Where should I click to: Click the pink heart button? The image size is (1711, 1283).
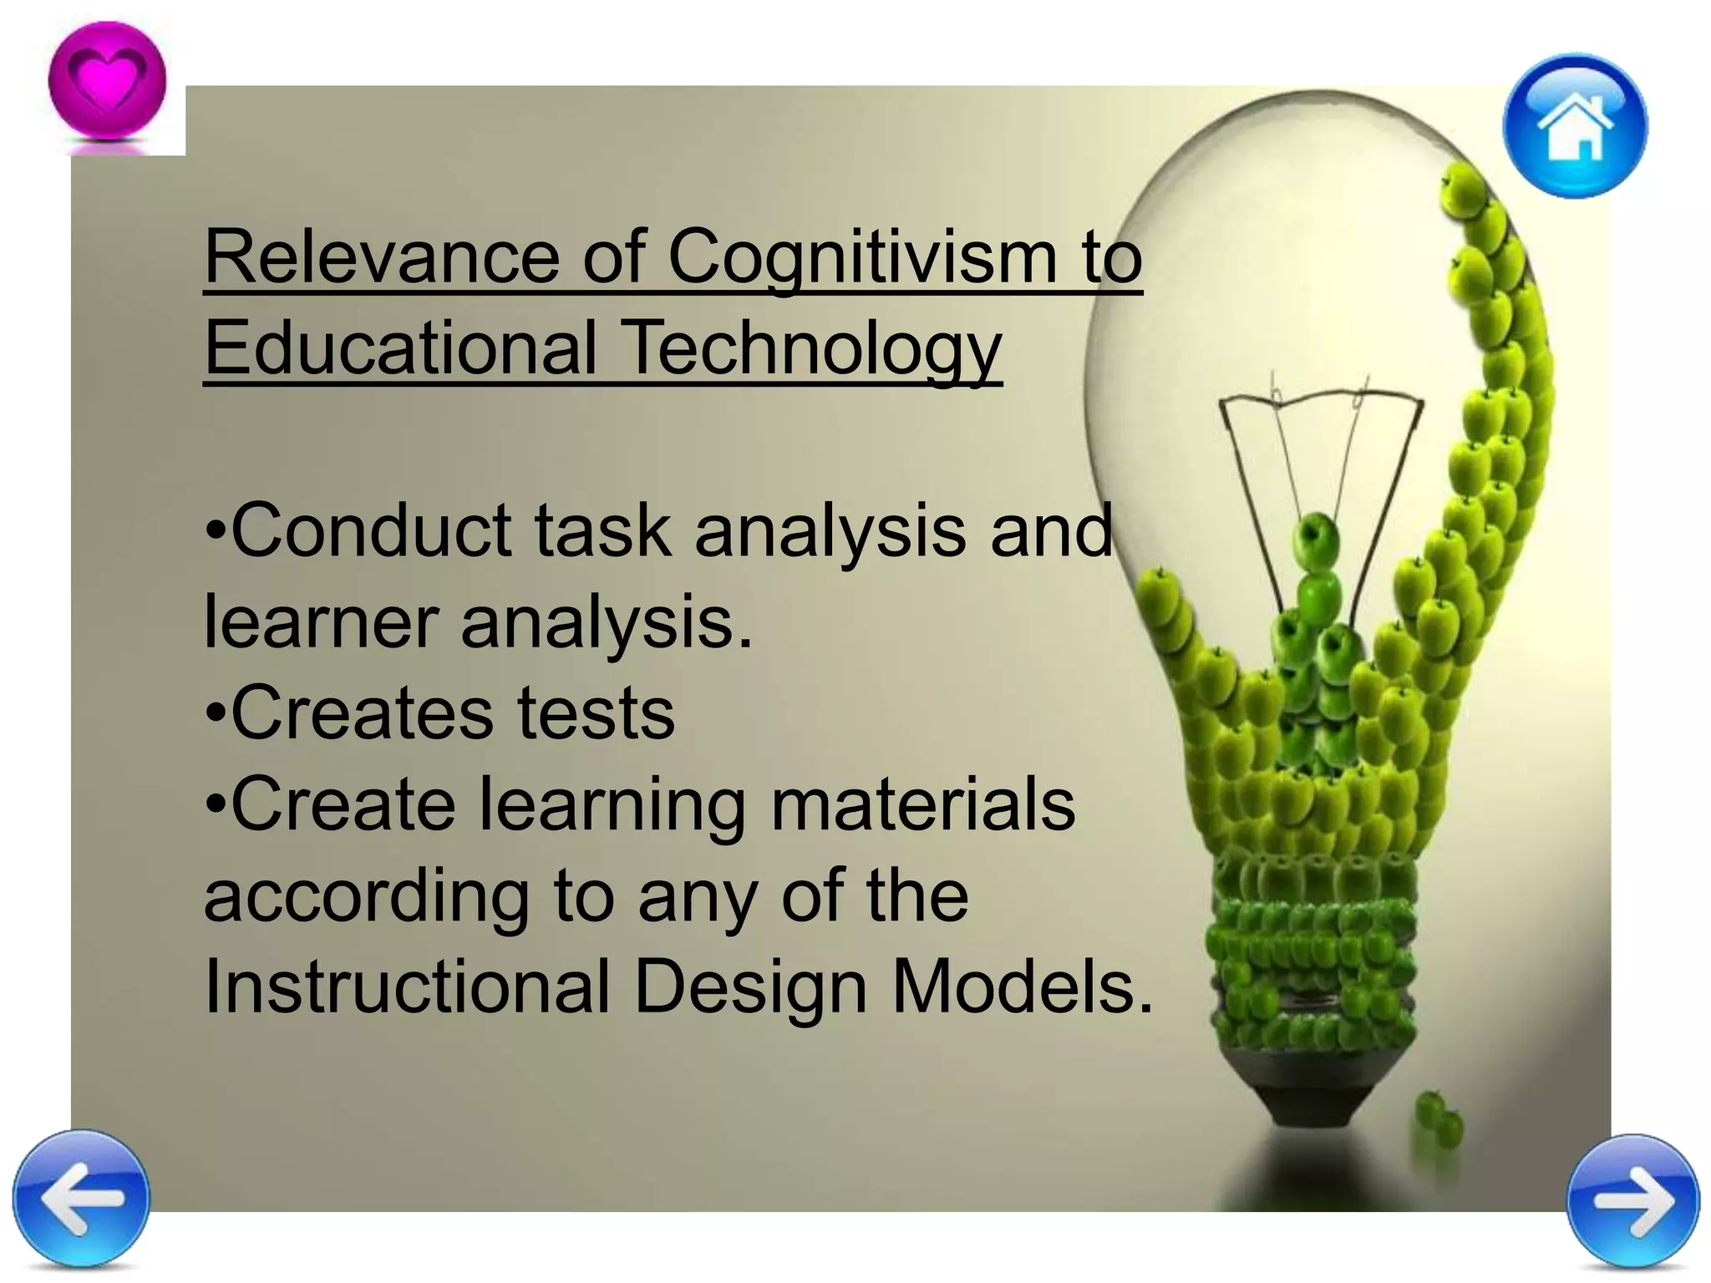click(x=107, y=82)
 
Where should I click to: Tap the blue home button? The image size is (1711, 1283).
click(x=1575, y=125)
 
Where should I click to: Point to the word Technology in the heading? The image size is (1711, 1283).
click(x=812, y=349)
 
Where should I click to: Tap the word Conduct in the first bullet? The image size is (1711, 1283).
click(x=369, y=531)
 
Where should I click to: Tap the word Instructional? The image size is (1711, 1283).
click(x=406, y=987)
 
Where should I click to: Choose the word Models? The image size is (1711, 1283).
click(x=1021, y=987)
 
